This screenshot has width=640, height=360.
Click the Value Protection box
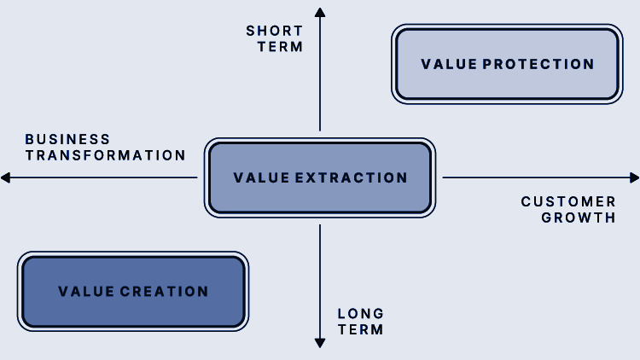tap(507, 64)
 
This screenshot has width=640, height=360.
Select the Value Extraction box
tap(320, 177)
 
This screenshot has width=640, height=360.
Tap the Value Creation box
tap(133, 292)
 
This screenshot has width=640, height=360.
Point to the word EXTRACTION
tap(351, 177)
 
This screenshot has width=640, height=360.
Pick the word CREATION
tap(164, 292)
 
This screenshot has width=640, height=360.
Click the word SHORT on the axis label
tap(274, 31)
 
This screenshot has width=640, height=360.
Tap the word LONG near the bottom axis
tap(361, 313)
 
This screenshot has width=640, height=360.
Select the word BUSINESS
tap(67, 139)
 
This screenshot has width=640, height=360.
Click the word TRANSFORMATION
tap(105, 155)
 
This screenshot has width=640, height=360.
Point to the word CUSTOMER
tap(568, 201)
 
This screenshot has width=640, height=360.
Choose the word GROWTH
tap(579, 218)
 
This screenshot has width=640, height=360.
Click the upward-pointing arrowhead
tap(320, 12)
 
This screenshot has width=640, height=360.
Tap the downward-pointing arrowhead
tap(320, 343)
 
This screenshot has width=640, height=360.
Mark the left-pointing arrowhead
tap(5, 177)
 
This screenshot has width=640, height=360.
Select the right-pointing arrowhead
tap(635, 177)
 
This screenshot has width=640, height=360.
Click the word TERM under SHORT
tap(281, 47)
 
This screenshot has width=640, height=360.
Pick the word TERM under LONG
tap(361, 329)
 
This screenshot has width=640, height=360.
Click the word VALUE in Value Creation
tap(86, 292)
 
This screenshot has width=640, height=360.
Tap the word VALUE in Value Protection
tap(449, 64)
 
